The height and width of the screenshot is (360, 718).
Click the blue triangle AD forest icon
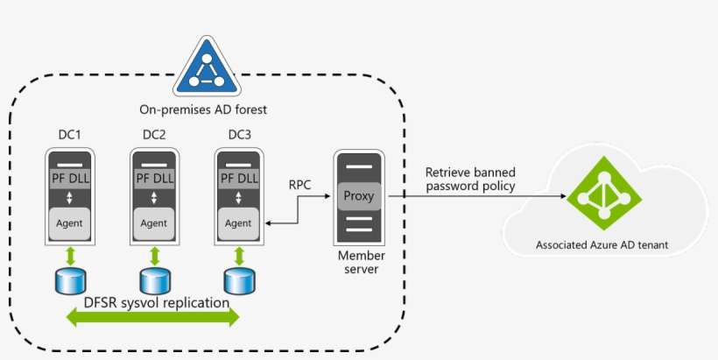click(x=203, y=67)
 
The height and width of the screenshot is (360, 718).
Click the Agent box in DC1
click(x=69, y=223)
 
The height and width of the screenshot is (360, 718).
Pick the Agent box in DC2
click(x=154, y=223)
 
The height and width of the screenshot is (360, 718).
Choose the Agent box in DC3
click(x=239, y=223)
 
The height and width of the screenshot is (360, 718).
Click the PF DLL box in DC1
click(x=69, y=179)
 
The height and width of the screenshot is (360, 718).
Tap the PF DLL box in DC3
click(x=239, y=179)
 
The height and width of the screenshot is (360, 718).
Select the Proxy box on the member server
click(x=358, y=196)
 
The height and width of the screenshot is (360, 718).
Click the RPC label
click(x=301, y=185)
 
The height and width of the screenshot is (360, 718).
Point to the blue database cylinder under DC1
click(x=69, y=280)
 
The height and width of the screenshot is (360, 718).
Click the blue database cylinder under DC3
click(x=238, y=280)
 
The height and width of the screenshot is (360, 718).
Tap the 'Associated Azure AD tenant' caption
click(x=602, y=245)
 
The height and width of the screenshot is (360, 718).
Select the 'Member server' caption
click(x=357, y=262)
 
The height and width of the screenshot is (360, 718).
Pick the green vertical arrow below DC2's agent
click(x=154, y=255)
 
